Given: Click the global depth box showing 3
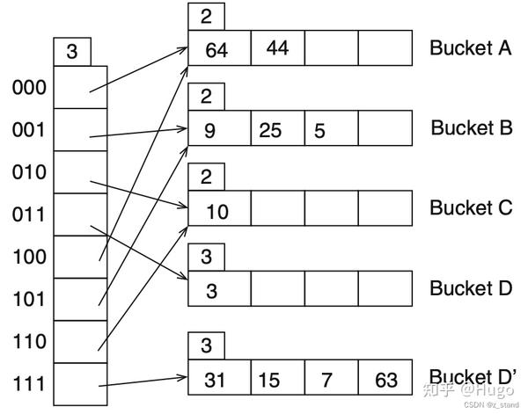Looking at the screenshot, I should (72, 52).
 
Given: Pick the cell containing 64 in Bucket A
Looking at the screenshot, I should (216, 49).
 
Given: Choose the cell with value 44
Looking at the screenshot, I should (276, 48).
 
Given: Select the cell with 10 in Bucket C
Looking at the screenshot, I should (217, 211).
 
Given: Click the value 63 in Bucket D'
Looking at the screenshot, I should (385, 380).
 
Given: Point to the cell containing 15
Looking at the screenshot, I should (276, 380).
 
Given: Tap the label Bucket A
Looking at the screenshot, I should (471, 48).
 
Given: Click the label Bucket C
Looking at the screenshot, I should (471, 208).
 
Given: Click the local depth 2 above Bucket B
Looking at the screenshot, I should (206, 96).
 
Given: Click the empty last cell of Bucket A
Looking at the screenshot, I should (385, 48).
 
